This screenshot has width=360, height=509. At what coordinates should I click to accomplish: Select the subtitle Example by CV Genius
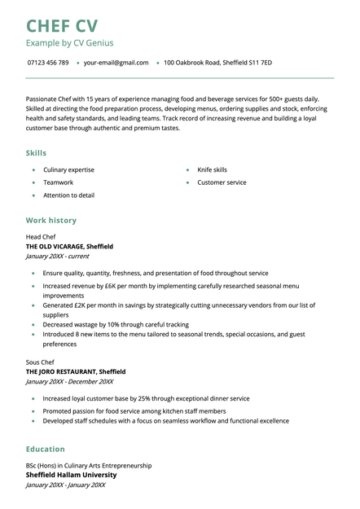(x=69, y=42)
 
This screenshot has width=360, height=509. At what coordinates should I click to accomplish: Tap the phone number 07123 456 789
(x=47, y=63)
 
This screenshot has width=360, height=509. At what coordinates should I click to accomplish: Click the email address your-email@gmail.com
(x=116, y=63)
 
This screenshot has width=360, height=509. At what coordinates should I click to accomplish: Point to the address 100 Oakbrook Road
(x=217, y=63)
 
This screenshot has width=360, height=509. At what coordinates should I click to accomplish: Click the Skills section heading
(x=36, y=153)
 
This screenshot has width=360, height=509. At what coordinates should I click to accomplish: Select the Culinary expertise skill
(x=68, y=170)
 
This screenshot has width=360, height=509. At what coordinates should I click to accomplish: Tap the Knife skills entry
(x=212, y=170)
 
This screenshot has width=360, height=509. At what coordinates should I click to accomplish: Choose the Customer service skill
(x=222, y=182)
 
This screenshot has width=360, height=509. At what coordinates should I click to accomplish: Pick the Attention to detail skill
(x=68, y=195)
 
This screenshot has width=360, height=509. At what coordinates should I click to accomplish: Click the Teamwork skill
(x=58, y=182)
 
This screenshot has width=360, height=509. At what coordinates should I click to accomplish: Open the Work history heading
(x=50, y=220)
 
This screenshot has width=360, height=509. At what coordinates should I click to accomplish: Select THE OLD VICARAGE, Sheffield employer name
(x=69, y=246)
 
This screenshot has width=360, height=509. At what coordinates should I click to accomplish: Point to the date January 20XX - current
(x=57, y=256)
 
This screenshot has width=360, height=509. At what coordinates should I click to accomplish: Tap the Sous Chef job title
(x=40, y=362)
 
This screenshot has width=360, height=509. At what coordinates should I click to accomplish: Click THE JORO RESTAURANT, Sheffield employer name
(x=76, y=371)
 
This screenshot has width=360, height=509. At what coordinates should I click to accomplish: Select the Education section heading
(x=45, y=449)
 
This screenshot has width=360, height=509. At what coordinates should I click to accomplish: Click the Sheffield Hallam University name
(x=71, y=475)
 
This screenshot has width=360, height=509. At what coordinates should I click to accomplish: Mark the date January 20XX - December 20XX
(x=69, y=381)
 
